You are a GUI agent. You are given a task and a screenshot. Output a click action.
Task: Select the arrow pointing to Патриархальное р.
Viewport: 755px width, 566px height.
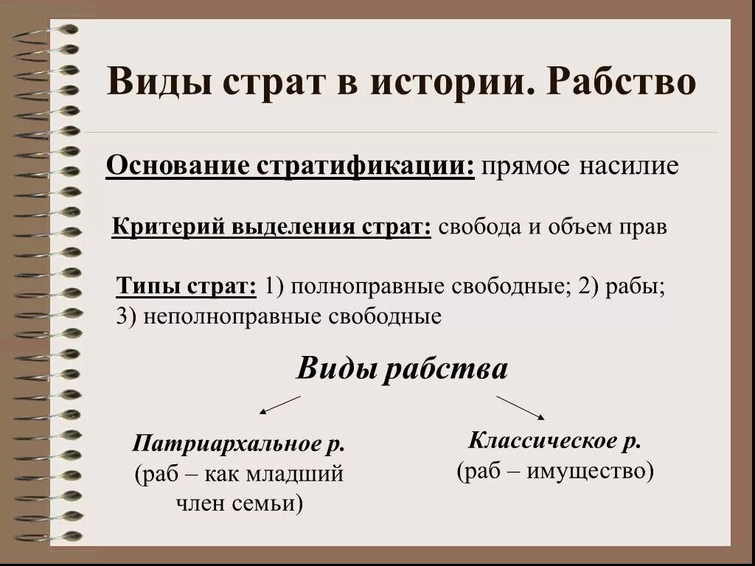(280, 405)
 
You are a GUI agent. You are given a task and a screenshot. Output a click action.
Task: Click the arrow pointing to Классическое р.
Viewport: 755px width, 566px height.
(520, 408)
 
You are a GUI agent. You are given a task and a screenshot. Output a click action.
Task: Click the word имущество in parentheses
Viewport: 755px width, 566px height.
(588, 470)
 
